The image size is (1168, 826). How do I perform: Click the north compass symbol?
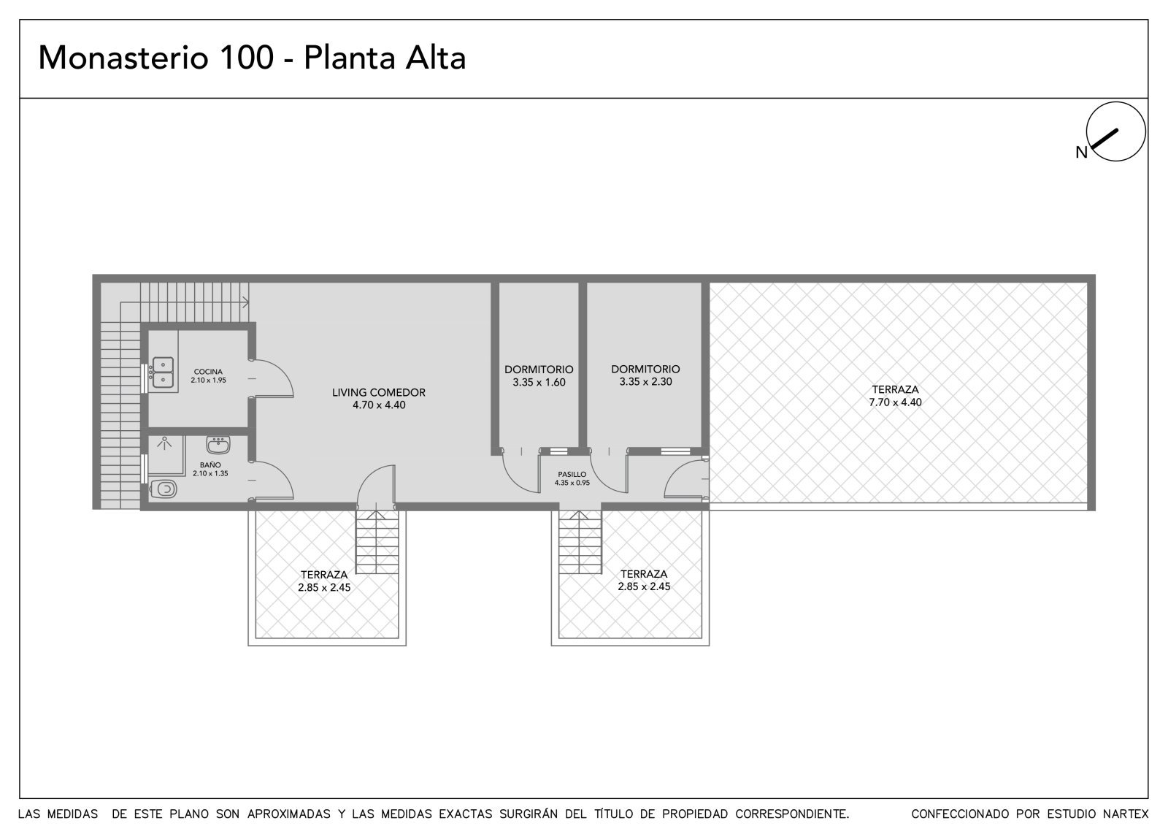tap(1116, 131)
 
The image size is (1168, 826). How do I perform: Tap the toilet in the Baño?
tap(164, 489)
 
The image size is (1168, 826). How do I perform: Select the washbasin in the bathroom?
tap(218, 445)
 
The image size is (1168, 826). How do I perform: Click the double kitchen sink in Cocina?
tap(163, 372)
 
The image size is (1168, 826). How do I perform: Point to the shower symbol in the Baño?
tap(165, 443)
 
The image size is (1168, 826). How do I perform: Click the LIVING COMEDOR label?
tap(379, 392)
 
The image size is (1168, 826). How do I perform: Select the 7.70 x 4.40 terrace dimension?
tap(895, 402)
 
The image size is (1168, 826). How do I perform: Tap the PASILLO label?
tap(572, 474)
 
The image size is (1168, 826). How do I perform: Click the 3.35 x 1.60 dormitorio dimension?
tap(539, 383)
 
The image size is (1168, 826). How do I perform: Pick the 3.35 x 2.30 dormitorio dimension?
tap(645, 382)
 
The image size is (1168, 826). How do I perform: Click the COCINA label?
tap(208, 372)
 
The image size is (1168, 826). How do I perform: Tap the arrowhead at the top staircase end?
tap(246, 302)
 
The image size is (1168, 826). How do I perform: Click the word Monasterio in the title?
tap(123, 58)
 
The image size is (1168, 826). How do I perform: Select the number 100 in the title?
tap(247, 57)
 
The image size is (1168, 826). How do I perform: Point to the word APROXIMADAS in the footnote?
tap(289, 814)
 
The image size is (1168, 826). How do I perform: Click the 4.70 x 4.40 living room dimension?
tap(379, 405)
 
